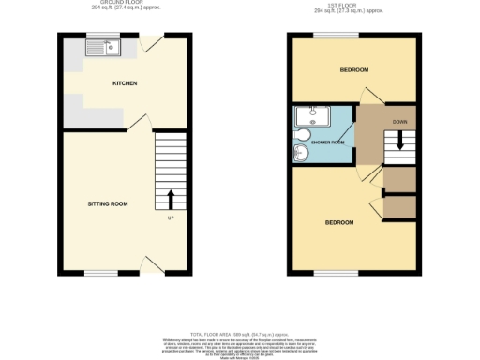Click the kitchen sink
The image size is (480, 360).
(x=98, y=52)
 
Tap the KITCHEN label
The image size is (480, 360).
(x=125, y=83)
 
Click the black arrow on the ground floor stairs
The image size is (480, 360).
(x=171, y=199)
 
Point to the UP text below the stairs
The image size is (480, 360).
(x=171, y=219)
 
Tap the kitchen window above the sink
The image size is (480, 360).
(x=98, y=37)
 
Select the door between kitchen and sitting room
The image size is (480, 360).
(x=138, y=123)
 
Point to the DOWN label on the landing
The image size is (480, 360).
(x=399, y=122)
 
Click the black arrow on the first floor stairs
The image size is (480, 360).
(x=400, y=142)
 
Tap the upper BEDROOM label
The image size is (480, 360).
(x=352, y=70)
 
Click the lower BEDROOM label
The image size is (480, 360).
(x=338, y=222)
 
